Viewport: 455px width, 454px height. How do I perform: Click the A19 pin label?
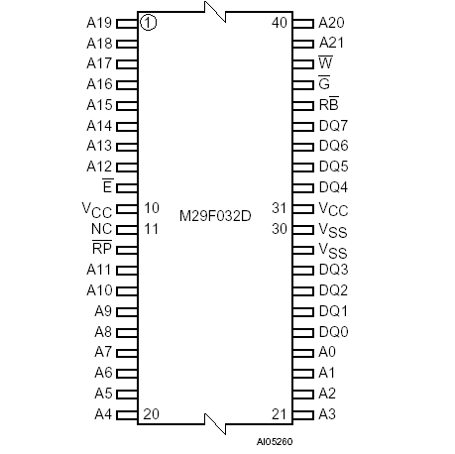98,22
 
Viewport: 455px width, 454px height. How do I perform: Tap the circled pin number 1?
148,22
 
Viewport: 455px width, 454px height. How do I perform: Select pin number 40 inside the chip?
280,22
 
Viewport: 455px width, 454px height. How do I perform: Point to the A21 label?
331,43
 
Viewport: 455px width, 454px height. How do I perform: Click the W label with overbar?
325,62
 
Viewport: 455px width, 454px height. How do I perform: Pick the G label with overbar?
324,83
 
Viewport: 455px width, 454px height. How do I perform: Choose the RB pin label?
330,104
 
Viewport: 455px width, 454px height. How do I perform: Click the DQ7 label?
333,125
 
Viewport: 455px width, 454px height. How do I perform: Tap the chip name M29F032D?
215,214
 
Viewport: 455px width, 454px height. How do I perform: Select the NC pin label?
103,229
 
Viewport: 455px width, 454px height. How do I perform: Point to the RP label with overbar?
102,249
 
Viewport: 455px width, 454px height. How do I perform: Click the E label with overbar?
107,187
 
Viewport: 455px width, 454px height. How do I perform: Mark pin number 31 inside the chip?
280,208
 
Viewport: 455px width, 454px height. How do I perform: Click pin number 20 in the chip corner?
152,413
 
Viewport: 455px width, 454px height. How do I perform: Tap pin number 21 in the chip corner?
280,413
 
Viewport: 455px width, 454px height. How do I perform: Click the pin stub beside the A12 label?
127,167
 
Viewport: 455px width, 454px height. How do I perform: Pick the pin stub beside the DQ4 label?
303,187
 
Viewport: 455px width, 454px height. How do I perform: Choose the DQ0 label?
333,331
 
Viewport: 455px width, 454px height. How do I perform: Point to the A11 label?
98,270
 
